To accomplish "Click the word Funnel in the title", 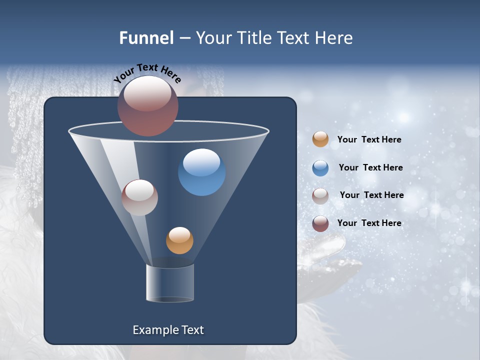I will [x=146, y=38].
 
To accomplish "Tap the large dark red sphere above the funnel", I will [x=147, y=105].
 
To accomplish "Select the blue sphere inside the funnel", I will [x=201, y=172].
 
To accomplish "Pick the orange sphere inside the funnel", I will [x=179, y=240].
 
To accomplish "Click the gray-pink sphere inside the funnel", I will [x=139, y=197].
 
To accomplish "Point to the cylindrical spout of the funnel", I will [x=170, y=283].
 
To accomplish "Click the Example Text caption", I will [x=168, y=330].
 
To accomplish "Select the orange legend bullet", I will [x=320, y=139].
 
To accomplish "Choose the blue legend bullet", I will [x=320, y=168].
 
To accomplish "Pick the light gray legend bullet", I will [x=320, y=196].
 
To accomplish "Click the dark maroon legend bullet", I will [x=320, y=223].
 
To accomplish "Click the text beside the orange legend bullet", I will [x=369, y=140].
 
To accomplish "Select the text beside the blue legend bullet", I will [x=370, y=168].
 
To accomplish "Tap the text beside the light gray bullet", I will [x=371, y=195].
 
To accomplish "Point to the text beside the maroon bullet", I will [x=369, y=223].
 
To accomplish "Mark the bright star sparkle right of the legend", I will [x=403, y=117].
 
